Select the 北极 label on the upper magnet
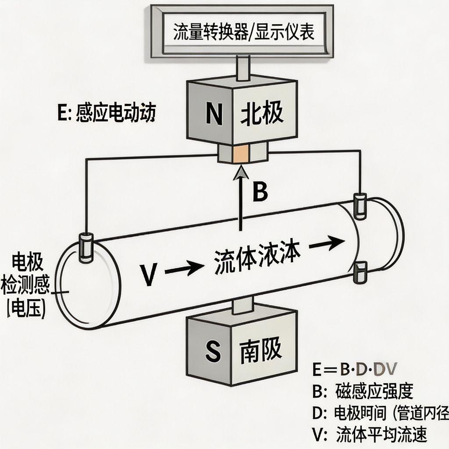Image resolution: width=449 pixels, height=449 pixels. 262,114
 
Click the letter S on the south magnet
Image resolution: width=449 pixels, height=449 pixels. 213,351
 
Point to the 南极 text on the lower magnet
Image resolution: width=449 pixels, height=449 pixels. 260,350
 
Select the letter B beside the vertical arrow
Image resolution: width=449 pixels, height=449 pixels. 260,192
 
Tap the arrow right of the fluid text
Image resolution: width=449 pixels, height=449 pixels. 326,242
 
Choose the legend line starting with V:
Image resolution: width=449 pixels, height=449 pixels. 369,435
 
